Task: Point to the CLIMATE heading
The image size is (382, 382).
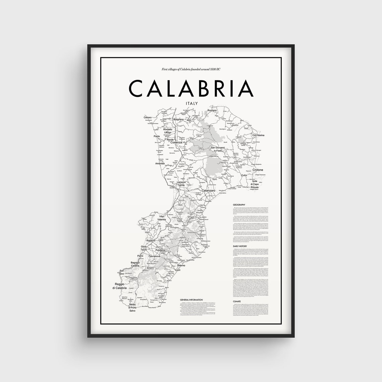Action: click(x=238, y=302)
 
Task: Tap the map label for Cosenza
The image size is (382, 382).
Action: click(x=176, y=142)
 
